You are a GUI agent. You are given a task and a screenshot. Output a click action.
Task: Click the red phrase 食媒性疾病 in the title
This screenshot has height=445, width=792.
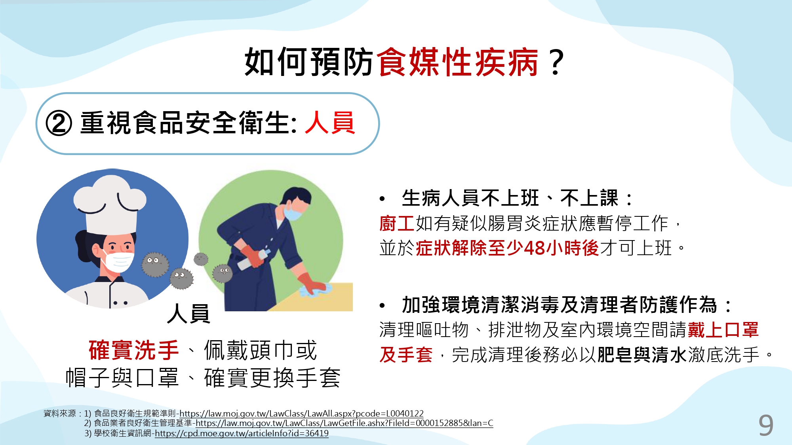(x=457, y=62)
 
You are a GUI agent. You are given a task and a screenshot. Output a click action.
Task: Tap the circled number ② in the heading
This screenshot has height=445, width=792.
(x=59, y=123)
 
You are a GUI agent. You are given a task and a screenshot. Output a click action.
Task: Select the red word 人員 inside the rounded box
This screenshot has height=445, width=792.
(x=330, y=123)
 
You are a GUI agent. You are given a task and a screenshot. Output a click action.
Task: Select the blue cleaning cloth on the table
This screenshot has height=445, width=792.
(x=314, y=291)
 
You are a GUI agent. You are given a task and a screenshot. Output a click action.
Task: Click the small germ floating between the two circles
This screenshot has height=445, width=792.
(x=201, y=259)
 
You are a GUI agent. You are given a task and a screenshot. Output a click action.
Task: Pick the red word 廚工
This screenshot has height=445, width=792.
(x=397, y=223)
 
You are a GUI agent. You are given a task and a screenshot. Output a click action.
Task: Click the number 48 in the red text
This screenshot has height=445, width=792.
(x=534, y=248)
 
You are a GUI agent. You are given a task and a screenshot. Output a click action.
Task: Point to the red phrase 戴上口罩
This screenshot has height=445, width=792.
(x=723, y=330)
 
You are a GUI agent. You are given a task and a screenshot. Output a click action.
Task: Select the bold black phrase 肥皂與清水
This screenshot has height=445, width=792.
(x=642, y=355)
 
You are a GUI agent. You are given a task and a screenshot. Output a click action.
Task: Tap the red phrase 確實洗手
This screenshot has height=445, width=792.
(x=133, y=350)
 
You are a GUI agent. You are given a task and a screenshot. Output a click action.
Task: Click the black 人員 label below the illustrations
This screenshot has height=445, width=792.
(x=188, y=314)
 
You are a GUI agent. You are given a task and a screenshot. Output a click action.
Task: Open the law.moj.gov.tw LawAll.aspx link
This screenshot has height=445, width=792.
(x=301, y=414)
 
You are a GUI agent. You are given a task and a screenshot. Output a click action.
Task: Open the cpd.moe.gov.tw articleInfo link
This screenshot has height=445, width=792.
(x=242, y=434)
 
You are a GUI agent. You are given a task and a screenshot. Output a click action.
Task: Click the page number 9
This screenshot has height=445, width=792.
(x=766, y=425)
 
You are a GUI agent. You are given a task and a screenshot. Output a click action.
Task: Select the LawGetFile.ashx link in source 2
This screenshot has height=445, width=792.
(x=344, y=423)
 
